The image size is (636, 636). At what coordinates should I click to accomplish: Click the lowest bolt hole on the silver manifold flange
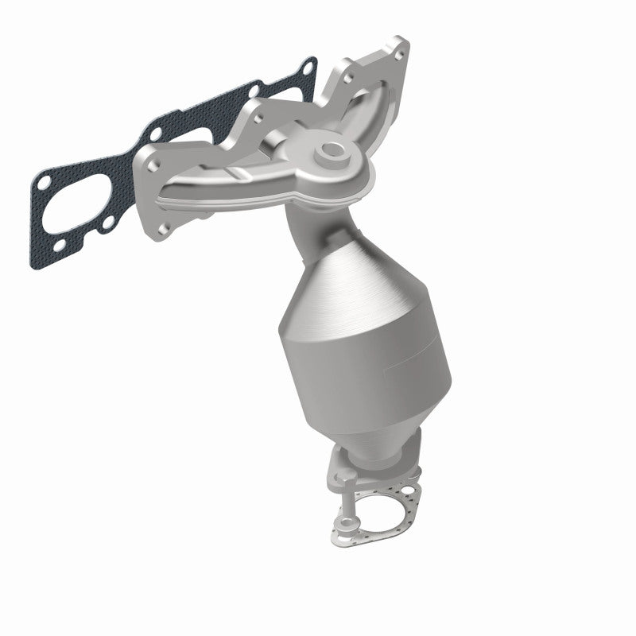(164, 229)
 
